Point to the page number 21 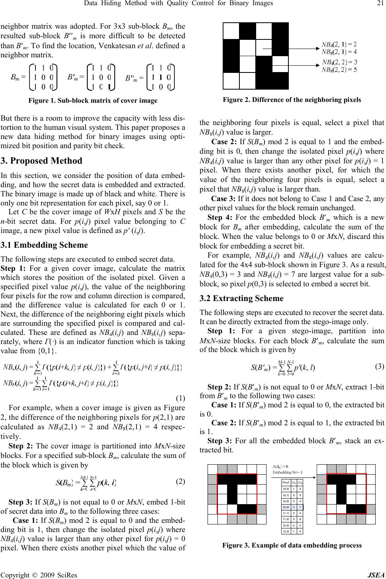point(378,4)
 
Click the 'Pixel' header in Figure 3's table point(286,482)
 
